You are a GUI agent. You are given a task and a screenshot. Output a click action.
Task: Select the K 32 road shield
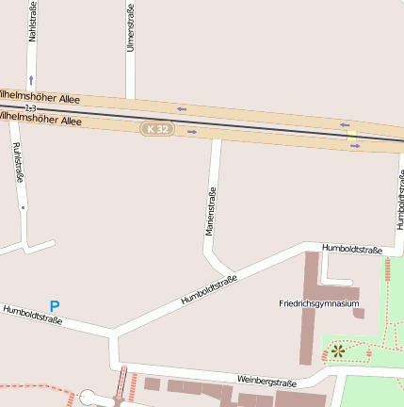click(x=158, y=128)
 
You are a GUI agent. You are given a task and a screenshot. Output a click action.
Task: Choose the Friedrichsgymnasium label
click(x=319, y=303)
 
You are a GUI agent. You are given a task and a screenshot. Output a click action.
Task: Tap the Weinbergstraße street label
click(x=267, y=382)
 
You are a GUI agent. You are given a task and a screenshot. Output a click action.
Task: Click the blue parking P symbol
click(x=55, y=307)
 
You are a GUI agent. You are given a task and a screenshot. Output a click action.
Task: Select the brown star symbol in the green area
click(x=337, y=351)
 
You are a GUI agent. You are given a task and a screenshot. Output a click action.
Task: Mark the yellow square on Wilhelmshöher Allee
click(x=352, y=136)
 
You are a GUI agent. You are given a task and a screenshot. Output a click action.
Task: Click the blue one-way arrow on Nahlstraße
click(x=31, y=80)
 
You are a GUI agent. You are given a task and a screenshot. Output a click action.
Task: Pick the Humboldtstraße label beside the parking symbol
click(x=32, y=315)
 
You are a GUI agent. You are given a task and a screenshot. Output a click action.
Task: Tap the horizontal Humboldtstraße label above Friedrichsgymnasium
click(x=351, y=250)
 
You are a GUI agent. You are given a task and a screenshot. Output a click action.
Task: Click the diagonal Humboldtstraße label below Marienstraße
click(x=208, y=288)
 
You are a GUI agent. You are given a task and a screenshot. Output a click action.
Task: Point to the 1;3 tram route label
click(x=30, y=109)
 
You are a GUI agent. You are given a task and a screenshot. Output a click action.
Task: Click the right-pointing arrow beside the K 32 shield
click(x=192, y=132)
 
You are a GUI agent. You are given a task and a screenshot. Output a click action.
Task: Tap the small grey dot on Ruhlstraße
click(x=22, y=206)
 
